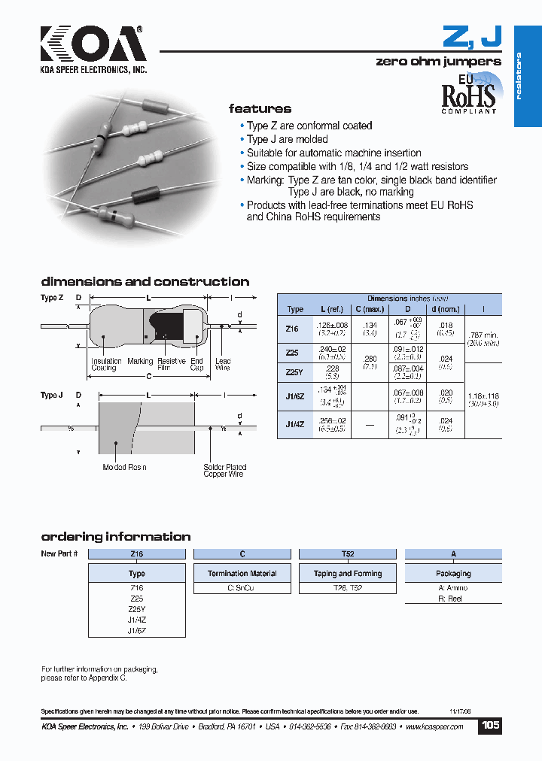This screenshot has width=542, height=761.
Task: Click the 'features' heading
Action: tap(260, 109)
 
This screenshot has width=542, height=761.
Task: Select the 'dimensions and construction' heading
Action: tap(145, 282)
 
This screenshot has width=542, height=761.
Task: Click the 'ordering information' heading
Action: tap(115, 537)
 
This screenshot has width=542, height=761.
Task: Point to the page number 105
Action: tap(490, 726)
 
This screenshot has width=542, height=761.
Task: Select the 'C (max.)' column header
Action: tap(369, 309)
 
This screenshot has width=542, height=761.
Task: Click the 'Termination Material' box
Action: tap(242, 573)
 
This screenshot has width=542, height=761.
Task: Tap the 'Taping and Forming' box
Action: tap(347, 573)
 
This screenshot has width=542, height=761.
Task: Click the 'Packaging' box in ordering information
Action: tap(453, 573)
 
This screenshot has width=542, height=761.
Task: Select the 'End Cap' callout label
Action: tap(196, 365)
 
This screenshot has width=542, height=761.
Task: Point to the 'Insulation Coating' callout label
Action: tap(106, 365)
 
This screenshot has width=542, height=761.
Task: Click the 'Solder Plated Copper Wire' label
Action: tap(224, 471)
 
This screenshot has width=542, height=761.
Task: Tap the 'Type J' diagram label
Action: tap(51, 396)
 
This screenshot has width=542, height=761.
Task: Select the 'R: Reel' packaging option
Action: tap(449, 599)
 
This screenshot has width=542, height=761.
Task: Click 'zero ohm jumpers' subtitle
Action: tap(437, 62)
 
